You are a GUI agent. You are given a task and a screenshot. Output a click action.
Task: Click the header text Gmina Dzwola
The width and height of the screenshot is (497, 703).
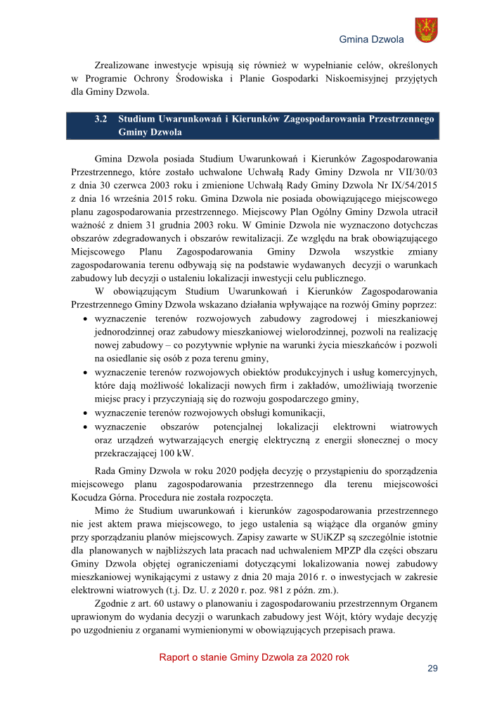pos(371,39)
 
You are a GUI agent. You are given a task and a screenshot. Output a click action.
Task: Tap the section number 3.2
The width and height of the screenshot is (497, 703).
pos(100,120)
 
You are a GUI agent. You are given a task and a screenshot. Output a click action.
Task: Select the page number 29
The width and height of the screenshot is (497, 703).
pos(432,668)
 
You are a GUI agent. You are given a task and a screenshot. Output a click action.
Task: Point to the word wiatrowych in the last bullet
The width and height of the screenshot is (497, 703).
pos(413,427)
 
